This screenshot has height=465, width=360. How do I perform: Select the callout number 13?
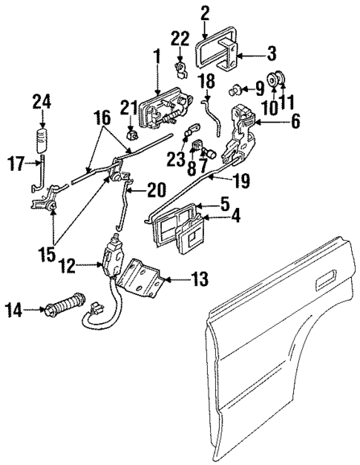198,280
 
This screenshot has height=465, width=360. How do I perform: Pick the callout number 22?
180,38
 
